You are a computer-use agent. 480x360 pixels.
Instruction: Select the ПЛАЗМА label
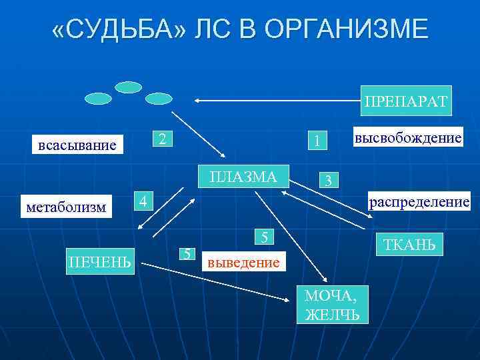[243, 177]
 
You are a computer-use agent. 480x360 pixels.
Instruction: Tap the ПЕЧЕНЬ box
[101, 259]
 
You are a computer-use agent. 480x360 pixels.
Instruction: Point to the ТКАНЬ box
[409, 245]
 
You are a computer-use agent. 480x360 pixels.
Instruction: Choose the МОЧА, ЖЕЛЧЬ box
[331, 304]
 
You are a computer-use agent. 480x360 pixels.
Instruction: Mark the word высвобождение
[409, 138]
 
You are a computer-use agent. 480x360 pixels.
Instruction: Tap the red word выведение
[243, 262]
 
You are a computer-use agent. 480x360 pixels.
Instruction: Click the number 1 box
[319, 141]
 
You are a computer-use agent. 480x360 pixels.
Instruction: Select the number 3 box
[328, 181]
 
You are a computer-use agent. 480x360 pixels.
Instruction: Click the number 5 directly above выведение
[265, 237]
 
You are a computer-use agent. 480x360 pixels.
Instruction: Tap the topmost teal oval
[129, 87]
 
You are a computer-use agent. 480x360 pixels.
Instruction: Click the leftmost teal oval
[98, 99]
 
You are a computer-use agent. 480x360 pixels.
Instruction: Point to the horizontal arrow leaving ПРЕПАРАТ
[280, 101]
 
